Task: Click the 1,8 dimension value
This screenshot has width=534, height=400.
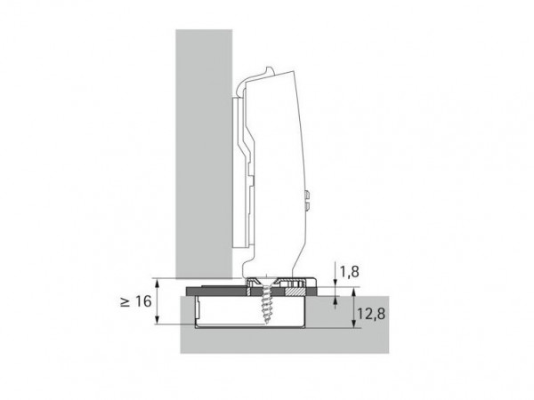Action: (x=350, y=271)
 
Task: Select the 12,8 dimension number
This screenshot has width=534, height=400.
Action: (x=371, y=314)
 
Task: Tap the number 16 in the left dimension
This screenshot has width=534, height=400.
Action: (x=143, y=301)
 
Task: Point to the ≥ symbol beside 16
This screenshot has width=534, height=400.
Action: (x=125, y=301)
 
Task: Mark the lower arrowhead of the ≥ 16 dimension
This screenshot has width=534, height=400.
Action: (x=157, y=319)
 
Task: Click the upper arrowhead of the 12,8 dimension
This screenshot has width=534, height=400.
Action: (x=354, y=292)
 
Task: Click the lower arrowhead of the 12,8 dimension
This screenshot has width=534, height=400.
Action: (x=354, y=324)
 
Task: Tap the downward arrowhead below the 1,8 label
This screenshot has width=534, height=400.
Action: (x=336, y=283)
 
